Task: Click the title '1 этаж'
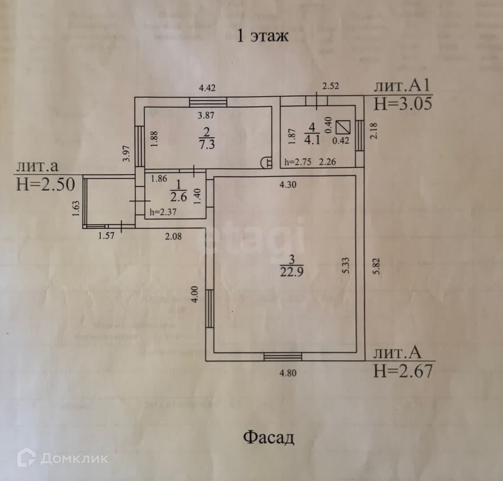tap(263, 36)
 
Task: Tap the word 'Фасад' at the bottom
tap(269, 437)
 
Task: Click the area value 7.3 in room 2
tap(207, 144)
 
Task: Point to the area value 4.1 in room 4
tap(312, 140)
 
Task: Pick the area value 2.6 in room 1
tap(178, 197)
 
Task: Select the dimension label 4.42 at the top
tap(207, 88)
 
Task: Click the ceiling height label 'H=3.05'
tap(402, 104)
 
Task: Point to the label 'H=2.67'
tap(403, 371)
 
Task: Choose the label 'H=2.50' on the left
tap(46, 184)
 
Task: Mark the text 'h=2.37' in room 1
tap(163, 212)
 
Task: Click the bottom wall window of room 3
tap(283, 357)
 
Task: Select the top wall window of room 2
tap(208, 102)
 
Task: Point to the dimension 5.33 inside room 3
tap(346, 266)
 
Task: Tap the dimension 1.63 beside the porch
tap(76, 208)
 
